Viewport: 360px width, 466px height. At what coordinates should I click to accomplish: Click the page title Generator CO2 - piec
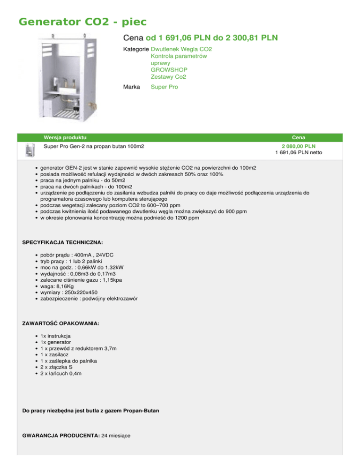(82, 22)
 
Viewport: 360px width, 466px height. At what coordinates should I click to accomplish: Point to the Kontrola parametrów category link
(179, 56)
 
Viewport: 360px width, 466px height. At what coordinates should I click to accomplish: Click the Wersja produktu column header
(65, 137)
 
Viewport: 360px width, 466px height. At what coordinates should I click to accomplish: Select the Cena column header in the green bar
(299, 137)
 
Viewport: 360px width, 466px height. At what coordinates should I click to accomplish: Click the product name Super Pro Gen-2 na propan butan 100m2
(94, 146)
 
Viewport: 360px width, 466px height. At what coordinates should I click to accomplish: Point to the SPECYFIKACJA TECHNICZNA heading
(63, 242)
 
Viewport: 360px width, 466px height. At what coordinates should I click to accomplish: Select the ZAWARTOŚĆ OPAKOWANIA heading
(61, 323)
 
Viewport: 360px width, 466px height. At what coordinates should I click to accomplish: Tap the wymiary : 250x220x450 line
(69, 292)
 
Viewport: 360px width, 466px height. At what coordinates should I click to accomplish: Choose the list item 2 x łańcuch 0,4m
(63, 375)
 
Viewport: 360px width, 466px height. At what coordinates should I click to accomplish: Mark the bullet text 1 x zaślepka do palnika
(71, 361)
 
